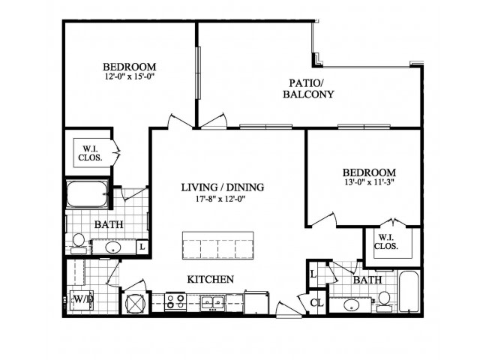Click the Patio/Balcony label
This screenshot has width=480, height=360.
tap(308, 88)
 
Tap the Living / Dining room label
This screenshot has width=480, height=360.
tap(223, 187)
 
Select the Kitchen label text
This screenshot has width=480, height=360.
tap(210, 279)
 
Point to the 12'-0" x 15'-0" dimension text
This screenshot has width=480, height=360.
tap(129, 76)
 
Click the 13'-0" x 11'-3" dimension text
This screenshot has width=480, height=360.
tap(369, 182)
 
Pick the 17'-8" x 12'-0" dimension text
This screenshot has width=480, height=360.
tap(220, 199)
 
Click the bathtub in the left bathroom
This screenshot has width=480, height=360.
tap(87, 194)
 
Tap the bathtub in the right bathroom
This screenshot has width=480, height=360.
tap(410, 291)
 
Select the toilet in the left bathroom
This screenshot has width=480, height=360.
tap(78, 244)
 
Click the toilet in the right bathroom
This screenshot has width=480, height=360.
tap(384, 301)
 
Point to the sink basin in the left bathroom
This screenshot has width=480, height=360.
tap(112, 247)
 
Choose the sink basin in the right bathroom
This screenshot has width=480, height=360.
tap(352, 305)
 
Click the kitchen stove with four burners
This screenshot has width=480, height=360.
tap(175, 301)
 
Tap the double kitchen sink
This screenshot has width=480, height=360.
tap(213, 302)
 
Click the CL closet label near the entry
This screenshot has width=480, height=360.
tap(316, 303)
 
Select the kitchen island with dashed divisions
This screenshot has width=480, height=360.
tap(217, 245)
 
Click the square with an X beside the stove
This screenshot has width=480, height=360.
tap(135, 303)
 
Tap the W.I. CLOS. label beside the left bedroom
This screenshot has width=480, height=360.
tap(90, 153)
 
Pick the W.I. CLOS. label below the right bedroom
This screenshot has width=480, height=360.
tap(386, 241)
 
